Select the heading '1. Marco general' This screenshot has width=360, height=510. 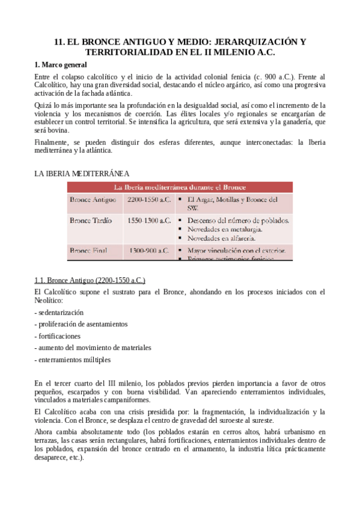61,64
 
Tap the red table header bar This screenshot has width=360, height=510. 180,186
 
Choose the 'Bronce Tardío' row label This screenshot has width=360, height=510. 91,221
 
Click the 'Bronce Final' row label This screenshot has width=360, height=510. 90,250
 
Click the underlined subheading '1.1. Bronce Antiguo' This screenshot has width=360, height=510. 90,280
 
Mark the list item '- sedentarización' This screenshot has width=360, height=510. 59,313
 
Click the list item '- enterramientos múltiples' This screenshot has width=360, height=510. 73,360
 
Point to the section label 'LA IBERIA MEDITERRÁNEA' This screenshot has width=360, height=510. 82,173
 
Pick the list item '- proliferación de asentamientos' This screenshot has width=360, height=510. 81,324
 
